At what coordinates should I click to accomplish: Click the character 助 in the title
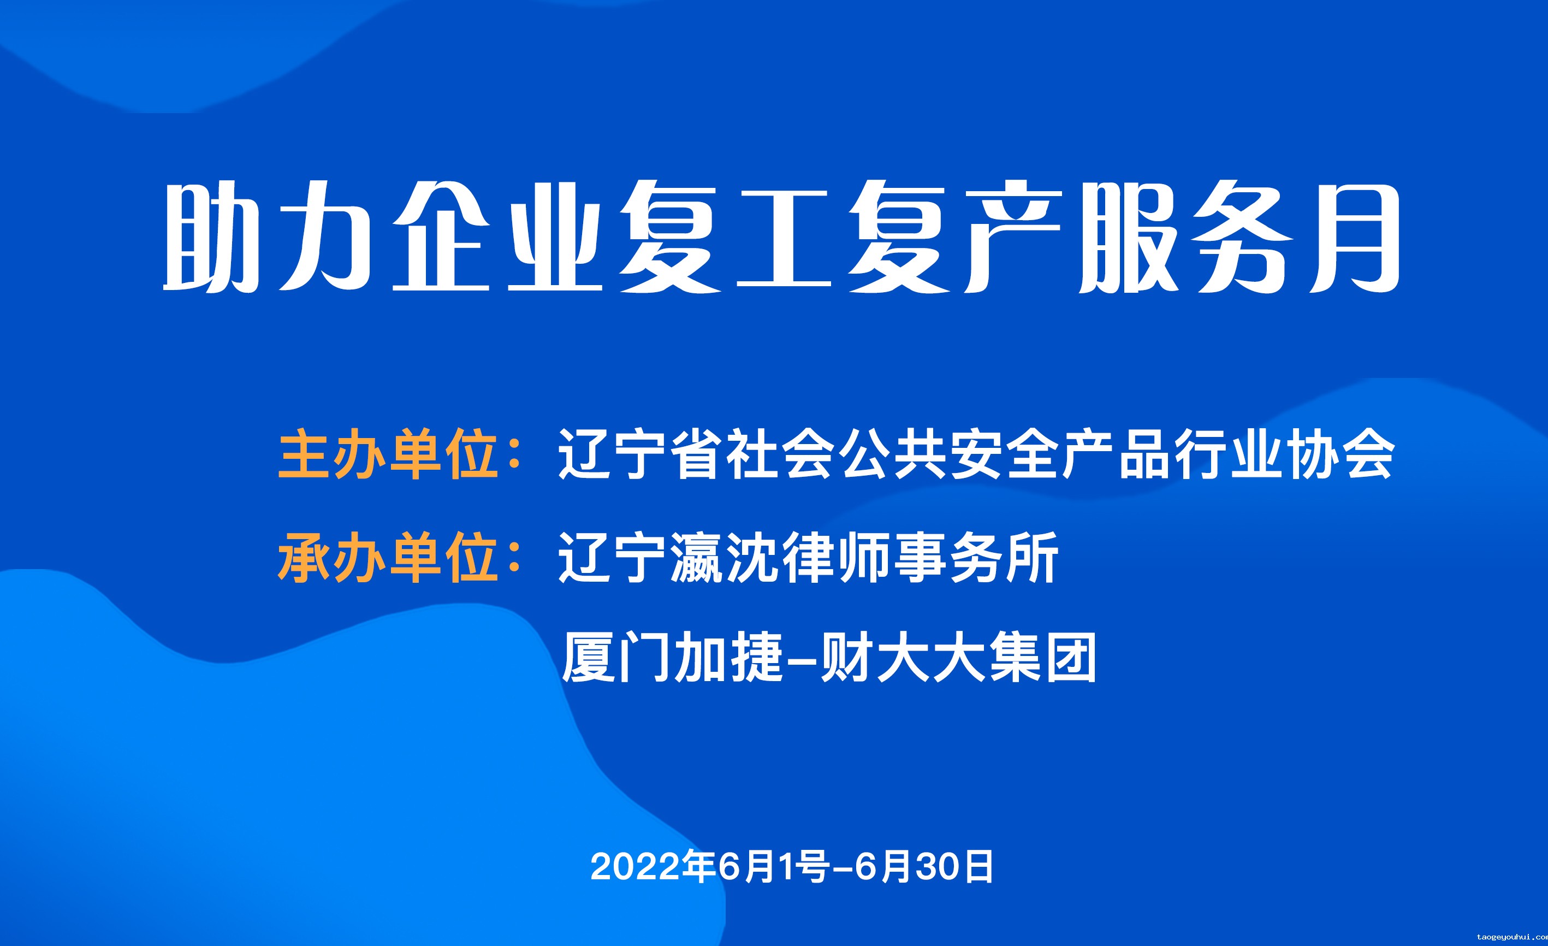[x=211, y=237]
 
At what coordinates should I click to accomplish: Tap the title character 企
[x=441, y=237]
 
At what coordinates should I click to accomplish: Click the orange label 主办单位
[x=389, y=454]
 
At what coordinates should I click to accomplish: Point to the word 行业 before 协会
[x=1227, y=454]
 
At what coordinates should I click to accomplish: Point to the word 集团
[x=1043, y=657]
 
